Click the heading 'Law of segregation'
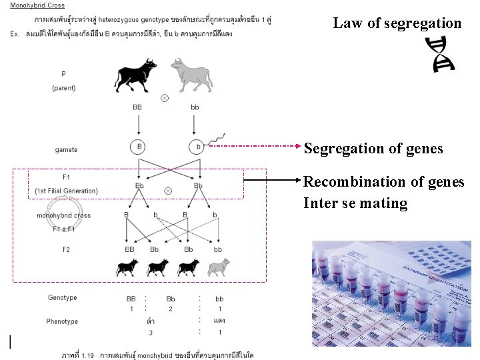pyautogui.click(x=397, y=23)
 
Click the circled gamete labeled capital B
pyautogui.click(x=139, y=146)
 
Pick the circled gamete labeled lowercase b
pyautogui.click(x=196, y=146)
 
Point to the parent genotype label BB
pyautogui.click(x=138, y=107)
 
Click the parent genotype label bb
pyautogui.click(x=195, y=107)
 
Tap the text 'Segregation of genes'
pyautogui.click(x=373, y=148)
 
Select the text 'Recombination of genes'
pyautogui.click(x=383, y=181)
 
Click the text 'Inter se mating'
pyautogui.click(x=355, y=203)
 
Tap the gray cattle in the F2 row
pyautogui.click(x=218, y=267)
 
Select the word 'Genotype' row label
pyautogui.click(x=63, y=298)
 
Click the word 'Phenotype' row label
pyautogui.click(x=62, y=321)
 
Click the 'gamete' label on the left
pyautogui.click(x=66, y=150)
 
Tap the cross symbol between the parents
pyautogui.click(x=165, y=97)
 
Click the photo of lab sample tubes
pyautogui.click(x=391, y=293)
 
